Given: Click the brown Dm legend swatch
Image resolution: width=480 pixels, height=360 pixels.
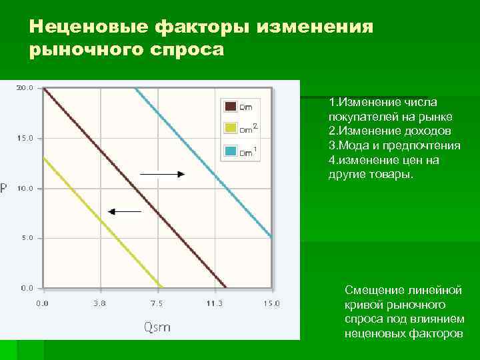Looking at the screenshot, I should pyautogui.click(x=230, y=105).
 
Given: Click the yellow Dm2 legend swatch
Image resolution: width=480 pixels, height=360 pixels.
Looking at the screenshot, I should pyautogui.click(x=230, y=128).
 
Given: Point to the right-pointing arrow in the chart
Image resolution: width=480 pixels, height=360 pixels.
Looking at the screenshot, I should pyautogui.click(x=163, y=174).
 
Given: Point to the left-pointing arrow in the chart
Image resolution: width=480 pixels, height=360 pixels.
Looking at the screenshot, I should pyautogui.click(x=125, y=212).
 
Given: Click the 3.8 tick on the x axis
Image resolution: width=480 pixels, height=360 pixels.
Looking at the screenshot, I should pyautogui.click(x=101, y=303).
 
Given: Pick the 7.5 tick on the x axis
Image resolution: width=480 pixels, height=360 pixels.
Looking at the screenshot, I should pyautogui.click(x=157, y=303).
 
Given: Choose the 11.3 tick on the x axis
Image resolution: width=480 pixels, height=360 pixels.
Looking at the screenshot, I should pyautogui.click(x=214, y=303).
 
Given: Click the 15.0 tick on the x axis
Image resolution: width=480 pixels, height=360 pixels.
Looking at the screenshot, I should pyautogui.click(x=271, y=303).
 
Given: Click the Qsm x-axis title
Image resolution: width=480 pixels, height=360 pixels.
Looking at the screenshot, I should pyautogui.click(x=157, y=327).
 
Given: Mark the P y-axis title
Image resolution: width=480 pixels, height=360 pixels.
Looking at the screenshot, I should pyautogui.click(x=5, y=189).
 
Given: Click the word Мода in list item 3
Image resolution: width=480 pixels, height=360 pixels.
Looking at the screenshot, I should pyautogui.click(x=353, y=145).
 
